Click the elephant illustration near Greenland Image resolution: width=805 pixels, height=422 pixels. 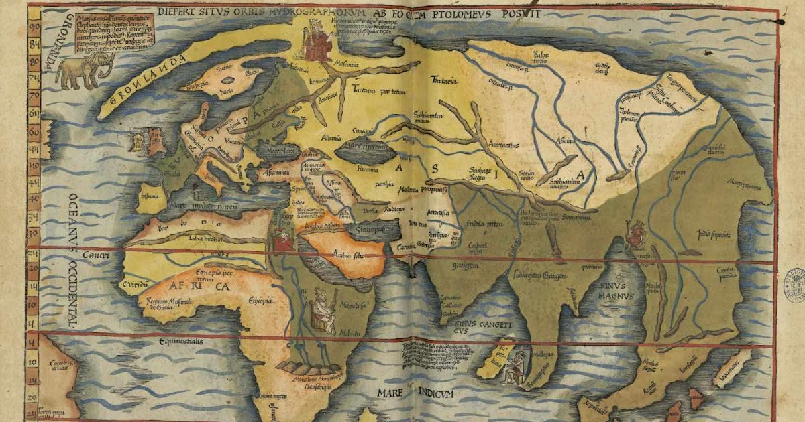click(x=84, y=71)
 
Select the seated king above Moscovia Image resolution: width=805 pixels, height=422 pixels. click(x=314, y=40)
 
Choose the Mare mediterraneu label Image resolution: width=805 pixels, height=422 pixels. click(x=205, y=206)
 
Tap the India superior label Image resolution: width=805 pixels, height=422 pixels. click(x=712, y=234)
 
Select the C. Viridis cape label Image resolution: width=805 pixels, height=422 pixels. click(x=133, y=285)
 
